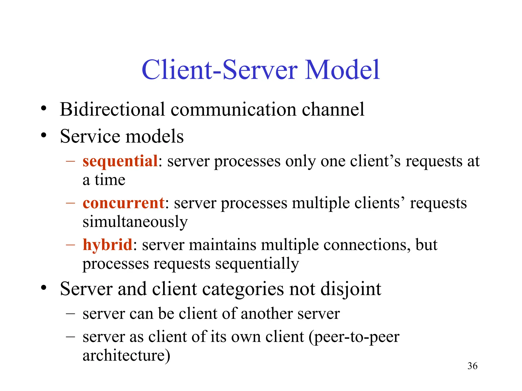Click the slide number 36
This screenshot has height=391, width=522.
pos(472,366)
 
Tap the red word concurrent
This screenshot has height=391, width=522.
pos(124,203)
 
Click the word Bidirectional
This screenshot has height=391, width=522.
pos(112,109)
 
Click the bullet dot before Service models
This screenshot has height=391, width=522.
pos(44,135)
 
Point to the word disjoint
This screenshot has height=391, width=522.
pos(351,289)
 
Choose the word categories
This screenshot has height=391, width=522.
pos(241,289)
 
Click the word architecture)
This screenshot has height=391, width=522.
pos(126,355)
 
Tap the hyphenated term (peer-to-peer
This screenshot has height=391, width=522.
pos(354,337)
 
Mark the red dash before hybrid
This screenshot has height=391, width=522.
pos(70,245)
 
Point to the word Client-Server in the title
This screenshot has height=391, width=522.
pos(219,69)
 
